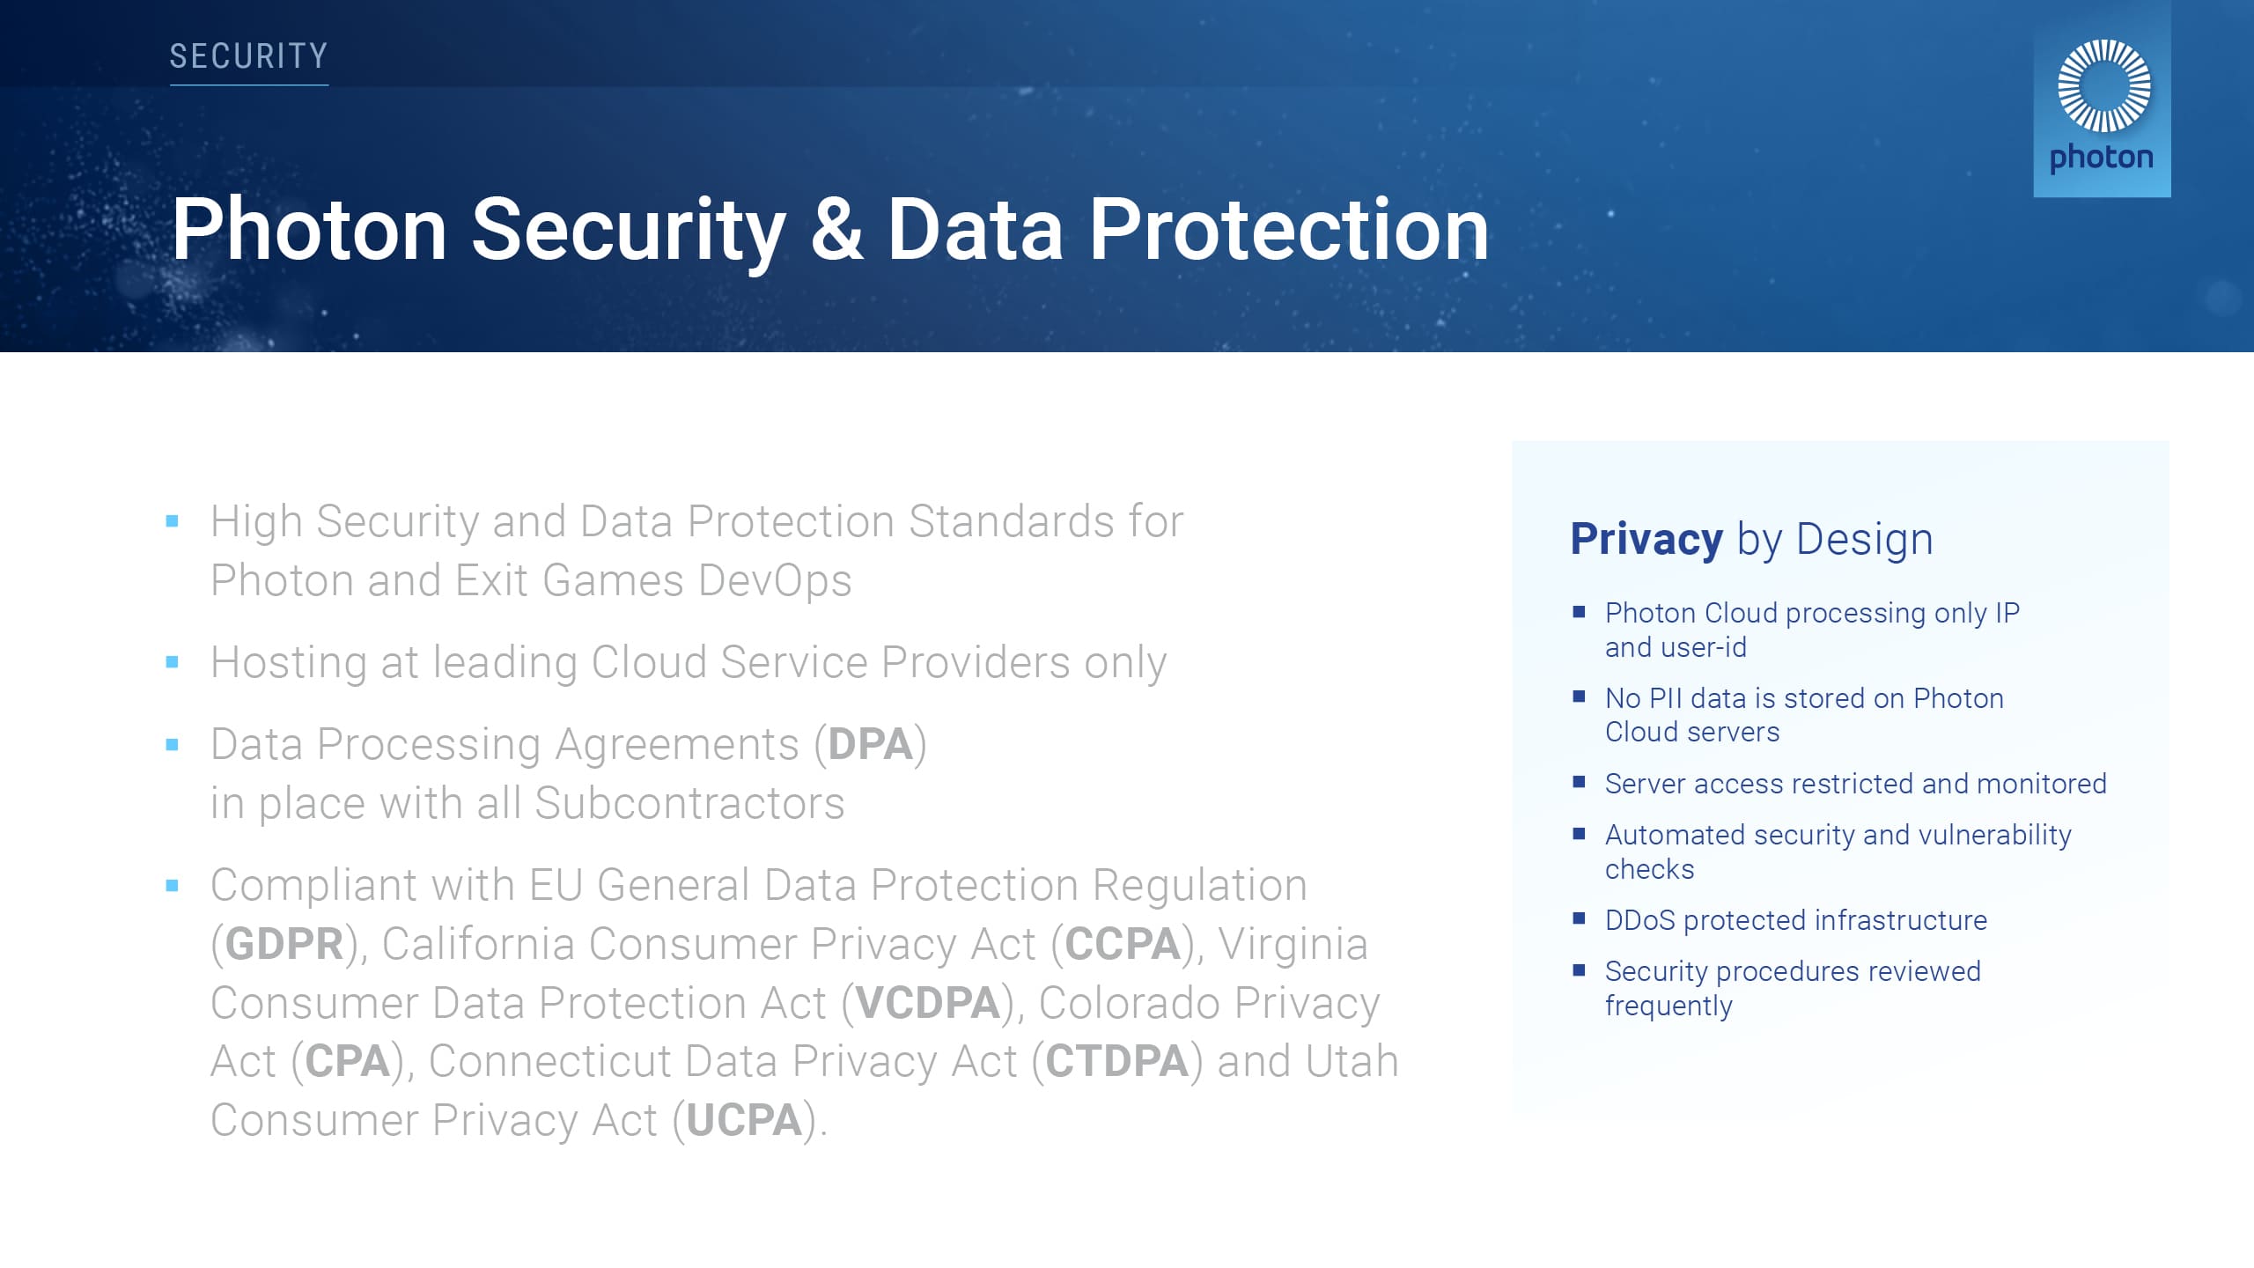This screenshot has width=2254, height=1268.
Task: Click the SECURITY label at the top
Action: click(x=248, y=56)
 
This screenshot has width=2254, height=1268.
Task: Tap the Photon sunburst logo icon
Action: click(x=2103, y=85)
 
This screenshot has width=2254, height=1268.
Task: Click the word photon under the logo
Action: click(x=2101, y=158)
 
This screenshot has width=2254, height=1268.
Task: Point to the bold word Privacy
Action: click(x=1646, y=539)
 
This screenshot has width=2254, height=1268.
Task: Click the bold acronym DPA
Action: click(x=870, y=745)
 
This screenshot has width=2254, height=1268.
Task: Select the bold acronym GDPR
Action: click(x=284, y=945)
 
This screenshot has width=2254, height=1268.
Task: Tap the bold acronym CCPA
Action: click(x=1122, y=945)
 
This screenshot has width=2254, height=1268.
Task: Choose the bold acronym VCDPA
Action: click(x=927, y=1003)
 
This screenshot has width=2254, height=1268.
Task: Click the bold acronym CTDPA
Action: click(x=1116, y=1061)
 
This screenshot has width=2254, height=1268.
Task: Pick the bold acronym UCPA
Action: click(x=744, y=1121)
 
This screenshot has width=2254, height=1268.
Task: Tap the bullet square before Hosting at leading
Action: click(x=173, y=662)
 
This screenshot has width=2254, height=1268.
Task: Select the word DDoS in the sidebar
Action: click(x=1639, y=920)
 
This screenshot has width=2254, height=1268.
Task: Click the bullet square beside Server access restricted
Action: click(x=1579, y=782)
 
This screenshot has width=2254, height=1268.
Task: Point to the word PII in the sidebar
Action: click(x=1665, y=698)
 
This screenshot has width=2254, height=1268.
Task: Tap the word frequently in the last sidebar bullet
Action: click(x=1668, y=1006)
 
